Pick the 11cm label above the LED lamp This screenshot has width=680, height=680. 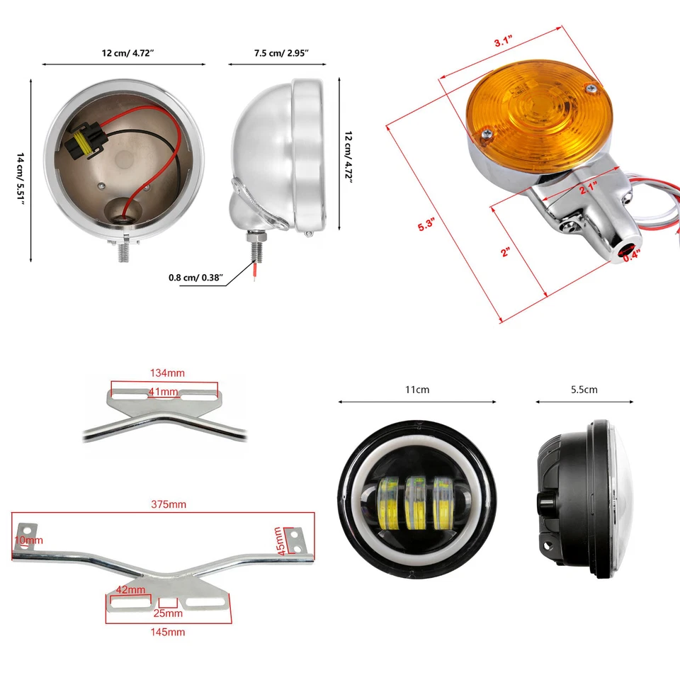pyautogui.click(x=417, y=390)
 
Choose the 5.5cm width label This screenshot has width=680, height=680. pyautogui.click(x=584, y=390)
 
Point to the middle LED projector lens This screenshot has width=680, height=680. pyautogui.click(x=416, y=504)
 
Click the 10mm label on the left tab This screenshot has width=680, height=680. pyautogui.click(x=28, y=540)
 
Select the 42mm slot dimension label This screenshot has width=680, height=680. pyautogui.click(x=130, y=590)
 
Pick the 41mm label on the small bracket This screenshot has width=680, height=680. pyautogui.click(x=164, y=392)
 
